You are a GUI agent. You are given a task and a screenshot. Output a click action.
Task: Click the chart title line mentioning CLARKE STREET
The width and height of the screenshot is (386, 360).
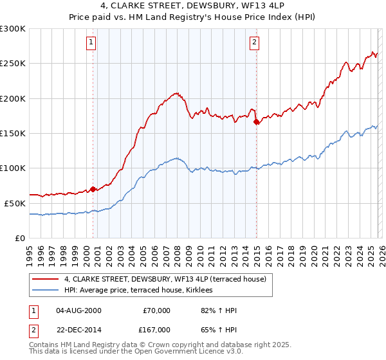pyautogui.click(x=192, y=7)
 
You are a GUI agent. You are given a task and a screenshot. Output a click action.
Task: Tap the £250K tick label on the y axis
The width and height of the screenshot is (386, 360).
pyautogui.click(x=13, y=64)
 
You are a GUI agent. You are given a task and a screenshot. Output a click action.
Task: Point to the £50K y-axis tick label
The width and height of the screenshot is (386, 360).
pyautogui.click(x=15, y=203)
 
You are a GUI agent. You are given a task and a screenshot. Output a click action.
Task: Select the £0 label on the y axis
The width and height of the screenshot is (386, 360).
pyautogui.click(x=20, y=238)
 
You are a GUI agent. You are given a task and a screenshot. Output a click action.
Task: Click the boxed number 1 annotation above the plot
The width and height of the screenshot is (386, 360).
pyautogui.click(x=91, y=43)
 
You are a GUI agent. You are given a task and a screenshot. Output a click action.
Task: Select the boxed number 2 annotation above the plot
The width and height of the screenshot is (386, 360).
pyautogui.click(x=254, y=43)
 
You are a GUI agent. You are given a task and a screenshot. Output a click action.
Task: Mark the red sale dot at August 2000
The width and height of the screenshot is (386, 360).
pyautogui.click(x=93, y=189)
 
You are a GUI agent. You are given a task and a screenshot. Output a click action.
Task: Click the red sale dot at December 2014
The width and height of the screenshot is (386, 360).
pyautogui.click(x=256, y=121)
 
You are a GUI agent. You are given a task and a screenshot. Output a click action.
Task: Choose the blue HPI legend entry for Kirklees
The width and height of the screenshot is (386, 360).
pyautogui.click(x=142, y=291)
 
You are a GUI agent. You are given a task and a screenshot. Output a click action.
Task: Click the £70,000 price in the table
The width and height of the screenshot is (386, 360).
pyautogui.click(x=156, y=310)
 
